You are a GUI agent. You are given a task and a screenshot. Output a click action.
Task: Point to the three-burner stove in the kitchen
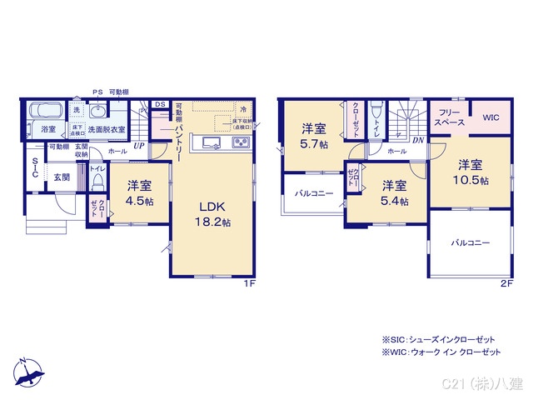(240, 143)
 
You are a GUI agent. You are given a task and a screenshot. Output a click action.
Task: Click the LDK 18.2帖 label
(213, 214)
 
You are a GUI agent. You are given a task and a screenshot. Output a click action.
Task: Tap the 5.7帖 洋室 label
(314, 136)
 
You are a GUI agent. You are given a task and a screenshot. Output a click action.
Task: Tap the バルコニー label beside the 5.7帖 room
(313, 193)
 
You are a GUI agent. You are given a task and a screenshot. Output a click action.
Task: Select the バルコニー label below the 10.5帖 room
(471, 242)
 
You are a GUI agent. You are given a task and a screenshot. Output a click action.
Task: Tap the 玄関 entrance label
(62, 177)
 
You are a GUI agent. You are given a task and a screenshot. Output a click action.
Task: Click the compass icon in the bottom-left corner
(29, 371)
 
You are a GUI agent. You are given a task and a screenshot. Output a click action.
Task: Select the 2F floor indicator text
(506, 283)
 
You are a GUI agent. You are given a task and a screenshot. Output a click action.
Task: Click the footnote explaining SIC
(438, 340)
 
